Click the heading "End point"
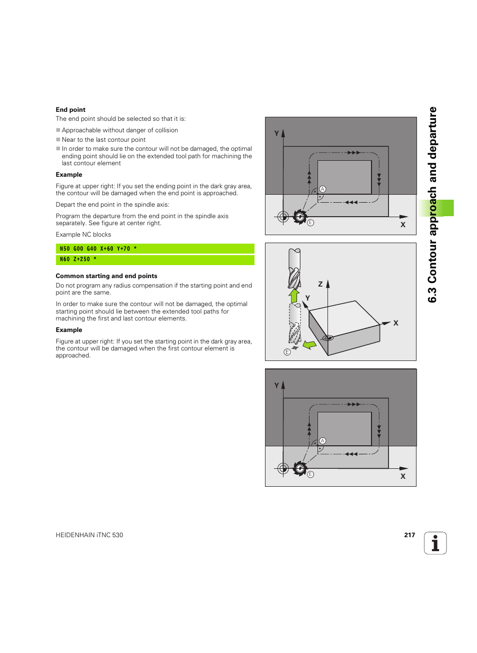click(70, 110)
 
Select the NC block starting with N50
click(154, 249)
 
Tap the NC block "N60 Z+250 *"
click(154, 260)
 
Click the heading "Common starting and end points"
click(106, 276)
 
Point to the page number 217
click(409, 535)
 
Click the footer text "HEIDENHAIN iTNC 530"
click(89, 535)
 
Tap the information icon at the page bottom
click(435, 543)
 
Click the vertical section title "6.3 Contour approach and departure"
click(432, 205)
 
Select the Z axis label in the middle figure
click(320, 284)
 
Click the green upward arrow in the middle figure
click(294, 296)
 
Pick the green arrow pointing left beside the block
click(309, 344)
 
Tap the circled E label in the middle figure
click(287, 352)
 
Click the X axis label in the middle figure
click(396, 324)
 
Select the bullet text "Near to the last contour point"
click(103, 140)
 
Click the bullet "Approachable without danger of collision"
click(119, 130)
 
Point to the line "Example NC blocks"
click(83, 235)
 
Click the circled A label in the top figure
click(322, 189)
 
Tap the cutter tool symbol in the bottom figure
click(300, 468)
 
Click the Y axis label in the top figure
click(276, 133)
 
